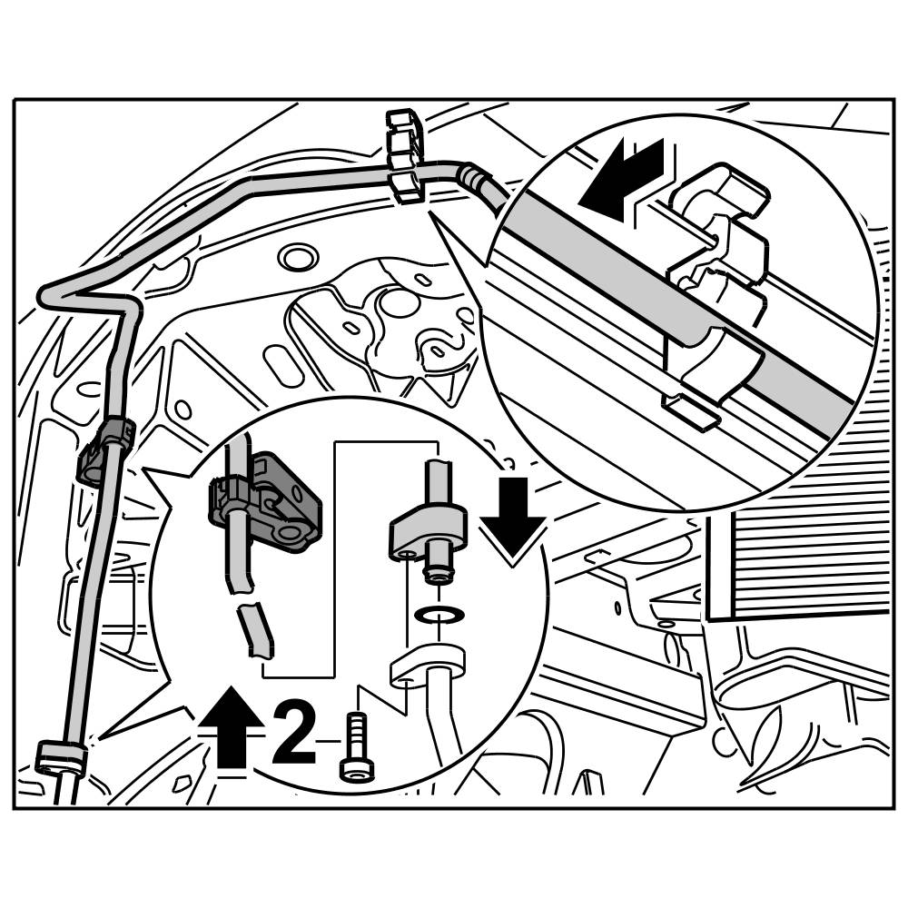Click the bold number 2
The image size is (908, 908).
click(x=293, y=731)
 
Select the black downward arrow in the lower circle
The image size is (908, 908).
click(x=512, y=514)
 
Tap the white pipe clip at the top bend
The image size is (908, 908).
click(x=404, y=154)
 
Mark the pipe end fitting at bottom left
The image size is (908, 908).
click(x=61, y=758)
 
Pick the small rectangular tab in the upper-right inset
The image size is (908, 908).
click(x=695, y=411)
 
